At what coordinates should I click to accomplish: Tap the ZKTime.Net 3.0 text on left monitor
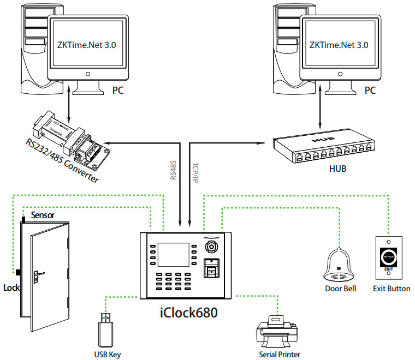click(x=87, y=44)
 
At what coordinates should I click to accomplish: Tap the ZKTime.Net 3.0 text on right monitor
click(x=339, y=44)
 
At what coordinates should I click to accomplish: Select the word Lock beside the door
click(x=11, y=287)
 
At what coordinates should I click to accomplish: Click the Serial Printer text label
click(x=280, y=354)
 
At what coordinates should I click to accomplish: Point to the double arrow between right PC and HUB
click(x=318, y=115)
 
